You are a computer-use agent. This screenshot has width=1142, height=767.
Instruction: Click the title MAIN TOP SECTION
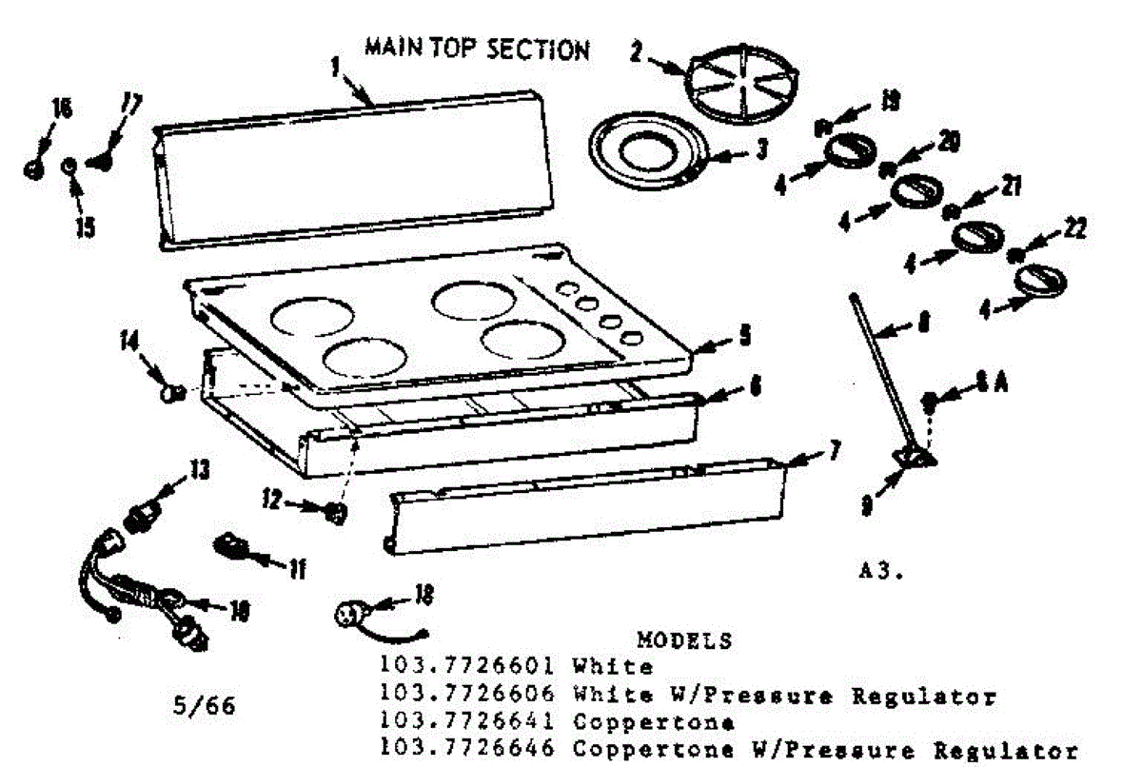477,49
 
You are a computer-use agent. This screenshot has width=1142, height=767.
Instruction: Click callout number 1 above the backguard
336,67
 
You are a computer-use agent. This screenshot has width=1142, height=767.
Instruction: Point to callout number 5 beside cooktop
745,335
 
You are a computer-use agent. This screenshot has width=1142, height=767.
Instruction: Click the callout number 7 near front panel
834,450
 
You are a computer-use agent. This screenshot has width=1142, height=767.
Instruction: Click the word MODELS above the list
684,639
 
